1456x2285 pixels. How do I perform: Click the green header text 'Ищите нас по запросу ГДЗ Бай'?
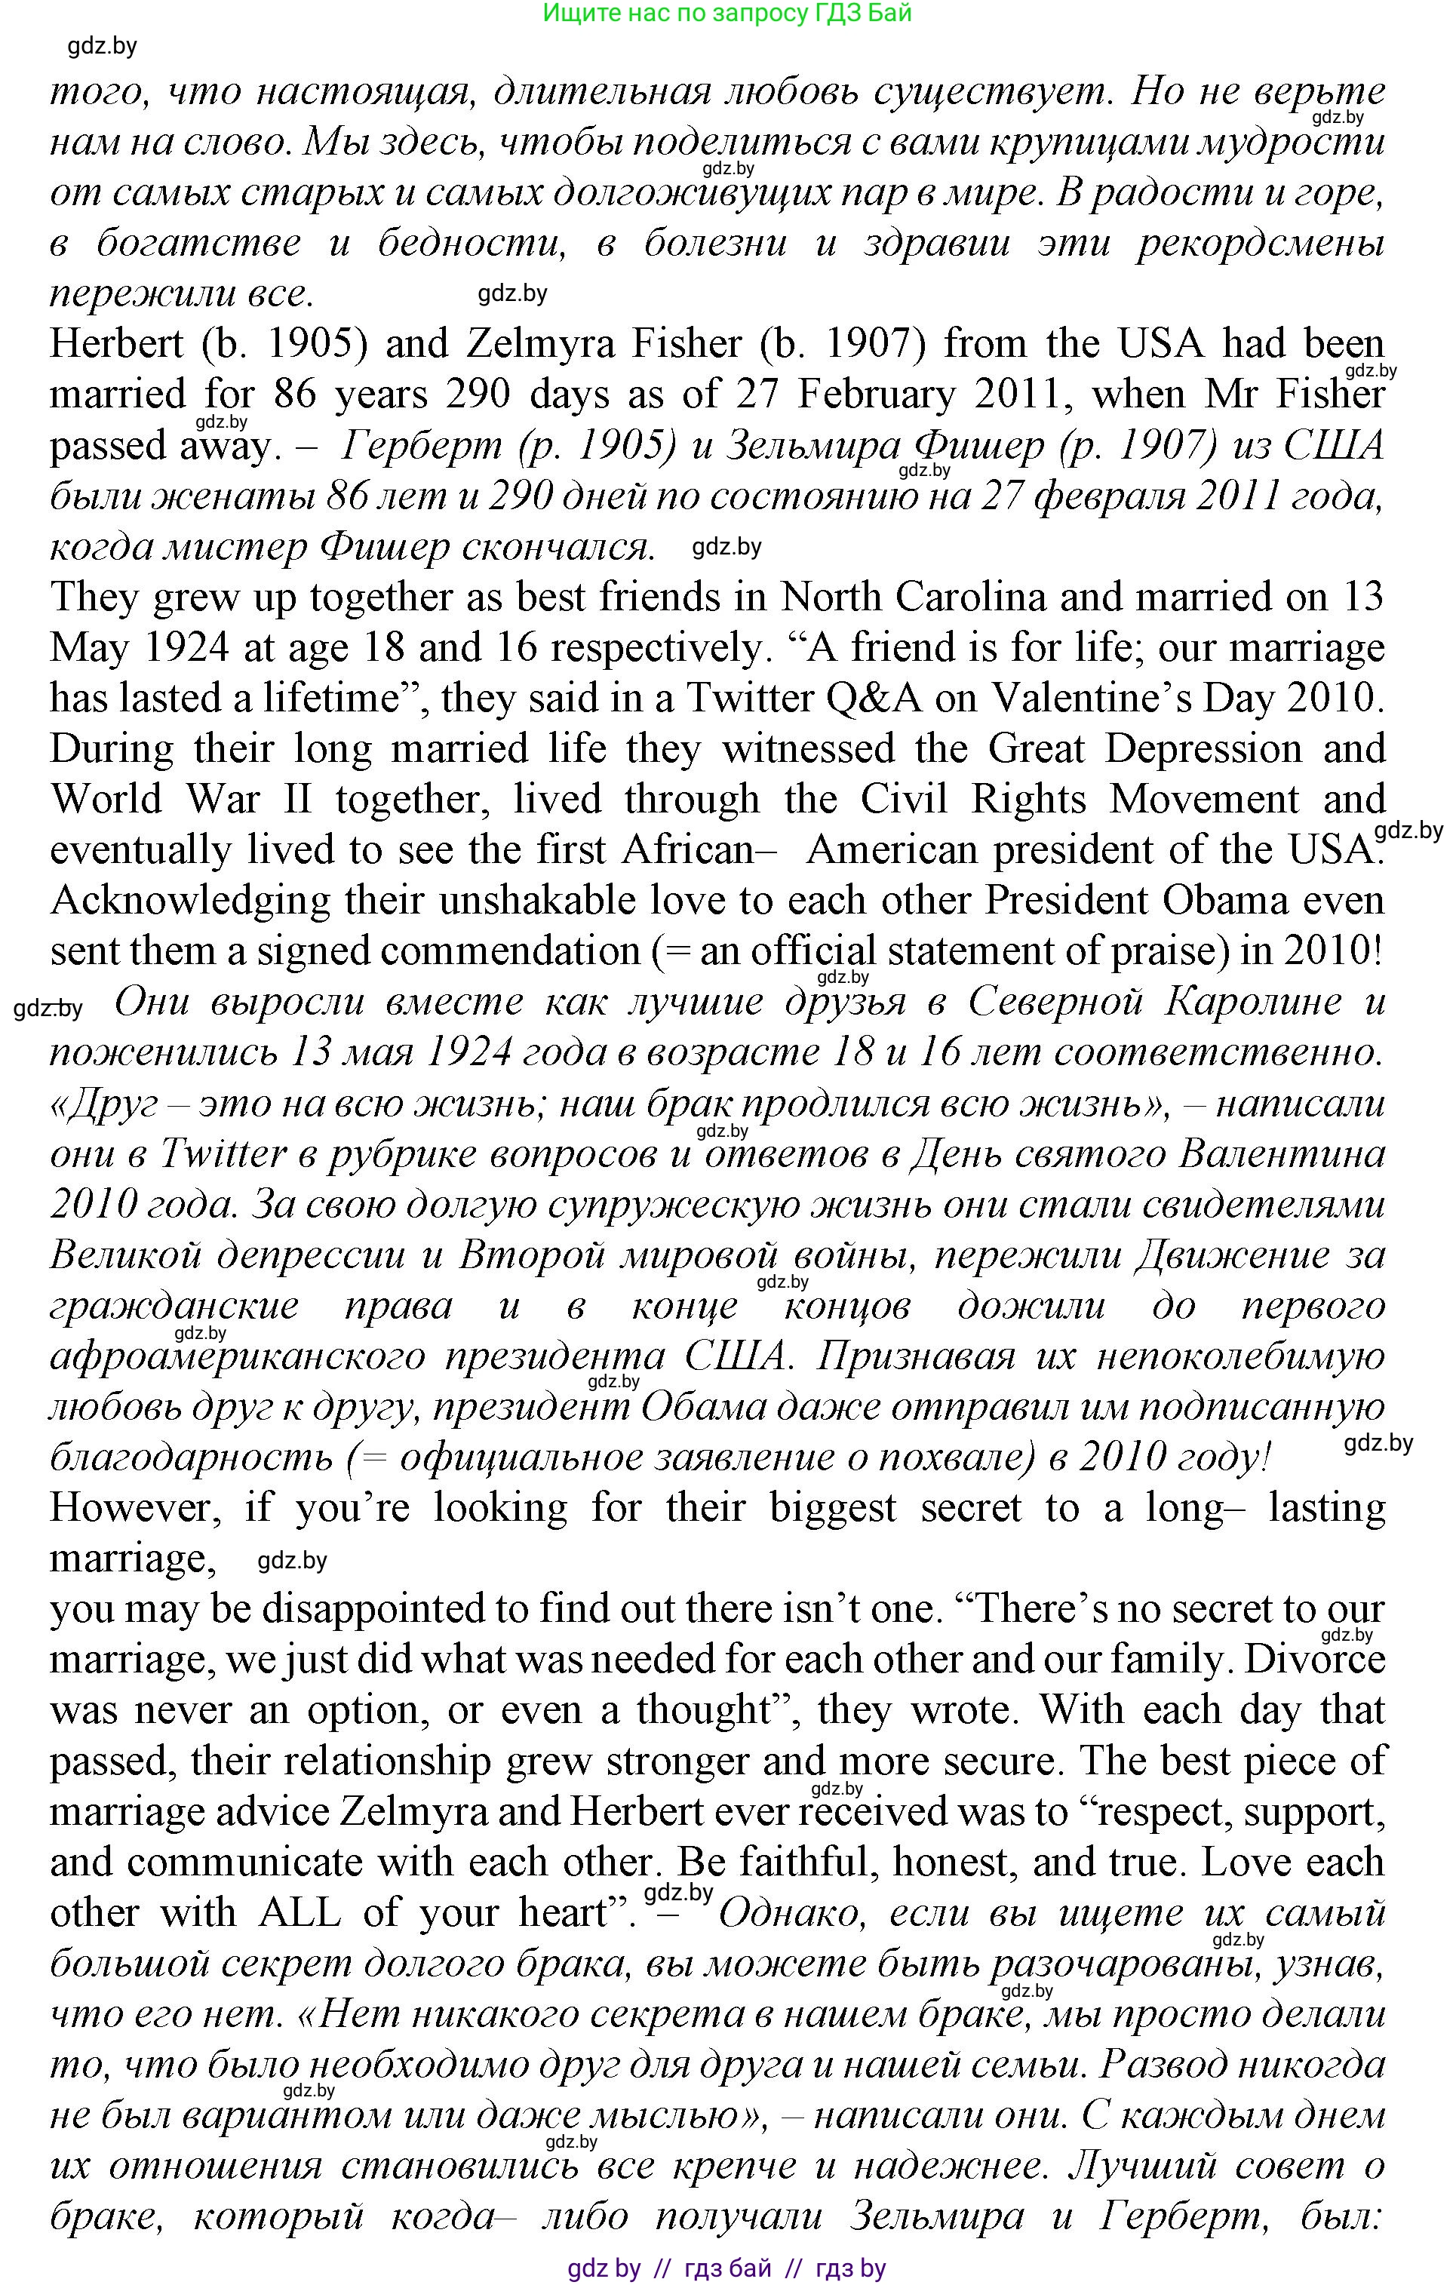click(x=727, y=14)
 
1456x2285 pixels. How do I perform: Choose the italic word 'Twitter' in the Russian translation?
click(x=223, y=1155)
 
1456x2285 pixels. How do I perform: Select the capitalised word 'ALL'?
click(x=299, y=1912)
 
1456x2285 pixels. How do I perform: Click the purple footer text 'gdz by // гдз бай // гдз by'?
click(x=727, y=2268)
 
